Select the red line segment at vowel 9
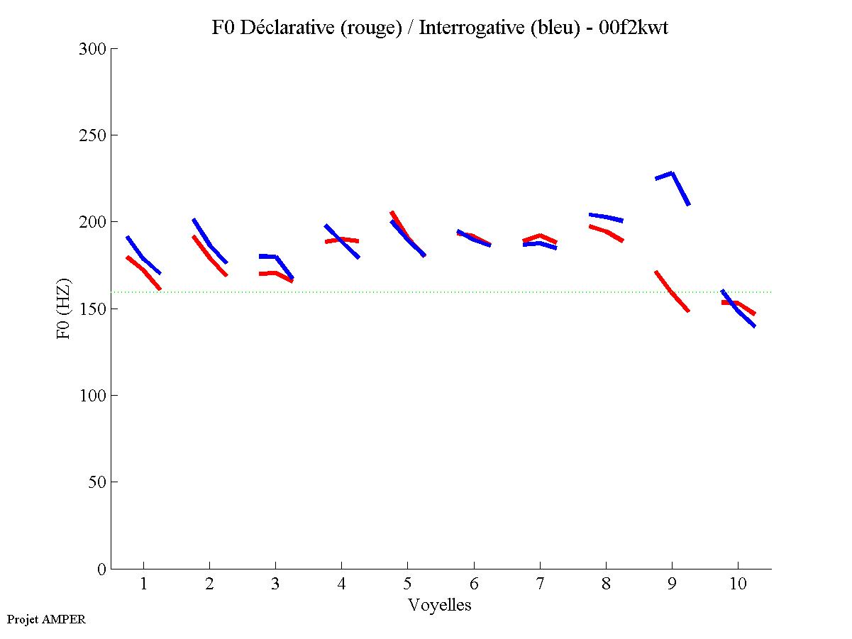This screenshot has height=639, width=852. pos(672,291)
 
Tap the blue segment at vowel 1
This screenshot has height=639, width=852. pos(143,257)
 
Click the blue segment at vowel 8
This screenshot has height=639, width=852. pos(606,216)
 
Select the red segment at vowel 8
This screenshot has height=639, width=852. pos(606,231)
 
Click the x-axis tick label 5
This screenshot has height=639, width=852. pos(407,584)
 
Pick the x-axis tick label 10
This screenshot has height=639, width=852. pos(738,584)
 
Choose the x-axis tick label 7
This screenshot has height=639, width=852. pos(540,584)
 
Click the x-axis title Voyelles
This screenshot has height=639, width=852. pos(440,605)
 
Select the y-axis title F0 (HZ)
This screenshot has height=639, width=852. pos(64,309)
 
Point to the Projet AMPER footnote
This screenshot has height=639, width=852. pos(46,619)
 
